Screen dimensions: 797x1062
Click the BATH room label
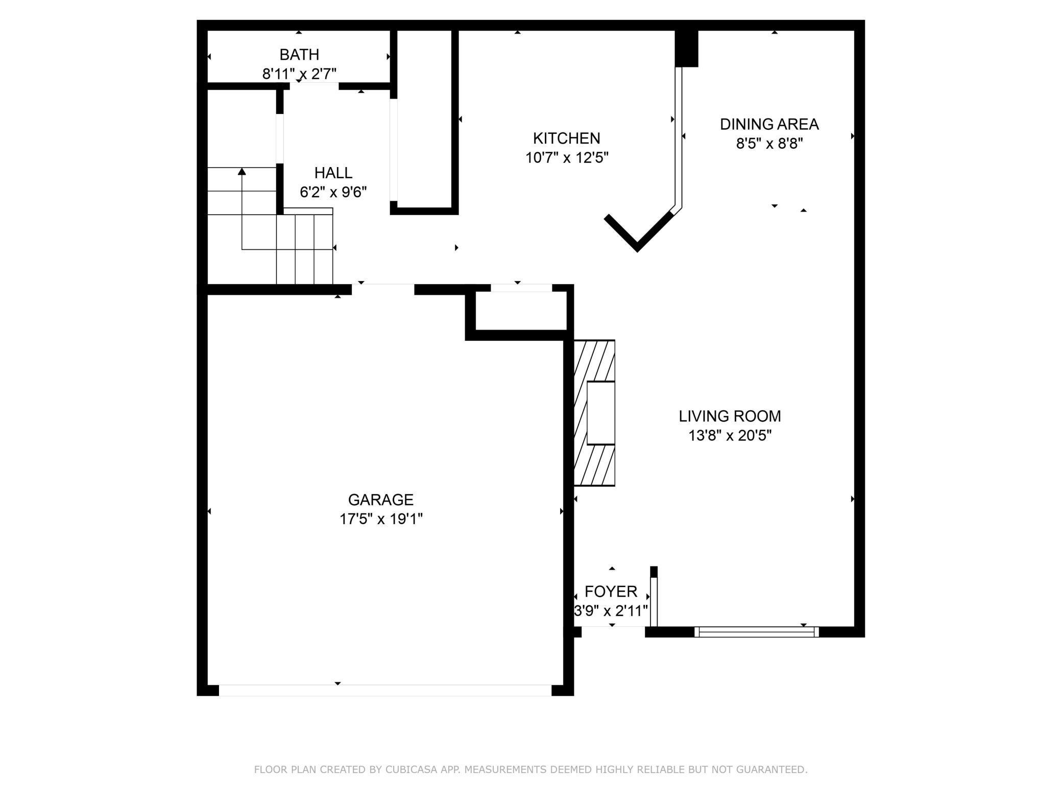coord(299,55)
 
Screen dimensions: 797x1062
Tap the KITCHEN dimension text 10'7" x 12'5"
coord(567,158)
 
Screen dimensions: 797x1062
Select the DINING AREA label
coord(769,124)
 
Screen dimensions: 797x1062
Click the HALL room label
coord(333,173)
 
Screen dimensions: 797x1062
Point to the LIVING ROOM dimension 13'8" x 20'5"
coord(730,436)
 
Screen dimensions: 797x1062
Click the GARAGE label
coord(380,499)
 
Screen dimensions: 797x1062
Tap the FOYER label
coord(611,592)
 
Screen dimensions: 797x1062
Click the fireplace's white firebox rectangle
coord(600,413)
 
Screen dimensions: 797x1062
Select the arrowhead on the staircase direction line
coord(242,171)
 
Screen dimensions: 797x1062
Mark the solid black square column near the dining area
coord(686,49)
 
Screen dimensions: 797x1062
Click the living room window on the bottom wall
coord(756,632)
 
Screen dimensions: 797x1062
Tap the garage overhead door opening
coord(385,690)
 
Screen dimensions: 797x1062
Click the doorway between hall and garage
coord(383,289)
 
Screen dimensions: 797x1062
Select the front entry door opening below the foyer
coord(613,632)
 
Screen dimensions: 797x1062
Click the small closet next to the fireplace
coord(521,311)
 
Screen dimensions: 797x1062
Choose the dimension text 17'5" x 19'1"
coord(380,519)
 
